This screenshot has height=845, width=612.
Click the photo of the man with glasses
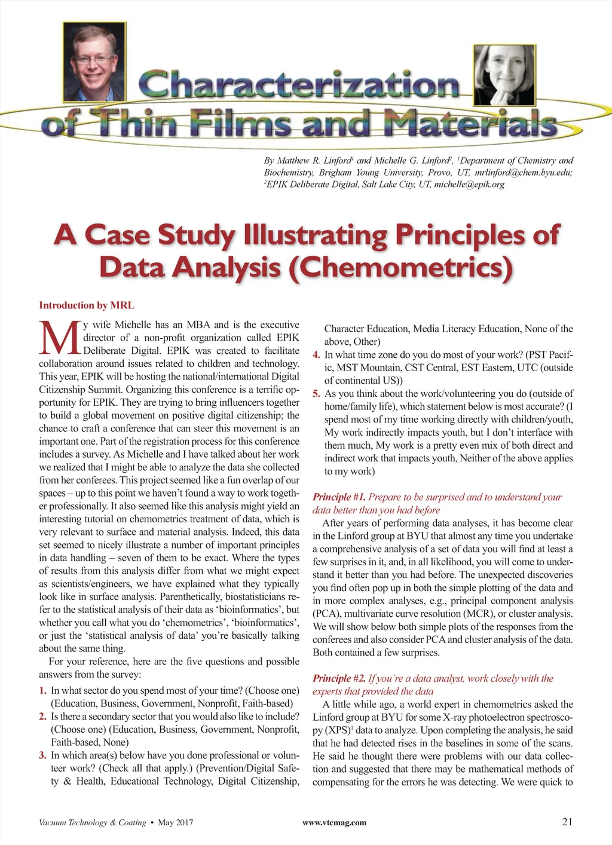[x=94, y=62]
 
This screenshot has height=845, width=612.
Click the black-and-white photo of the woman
[x=505, y=75]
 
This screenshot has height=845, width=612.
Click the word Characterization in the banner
[x=299, y=85]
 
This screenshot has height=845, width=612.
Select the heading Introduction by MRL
[x=87, y=305]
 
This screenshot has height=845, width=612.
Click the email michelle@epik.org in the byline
[x=469, y=184]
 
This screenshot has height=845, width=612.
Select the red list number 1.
[x=42, y=690]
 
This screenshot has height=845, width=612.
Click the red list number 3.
[x=42, y=755]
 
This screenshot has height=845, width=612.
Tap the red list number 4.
[x=316, y=355]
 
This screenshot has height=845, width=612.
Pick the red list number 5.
[x=316, y=394]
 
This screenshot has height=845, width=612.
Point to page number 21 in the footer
[x=567, y=822]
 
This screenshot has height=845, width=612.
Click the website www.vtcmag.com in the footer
[x=334, y=823]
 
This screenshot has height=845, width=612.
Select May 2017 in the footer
[x=175, y=823]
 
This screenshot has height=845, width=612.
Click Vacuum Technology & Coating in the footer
[x=92, y=823]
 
